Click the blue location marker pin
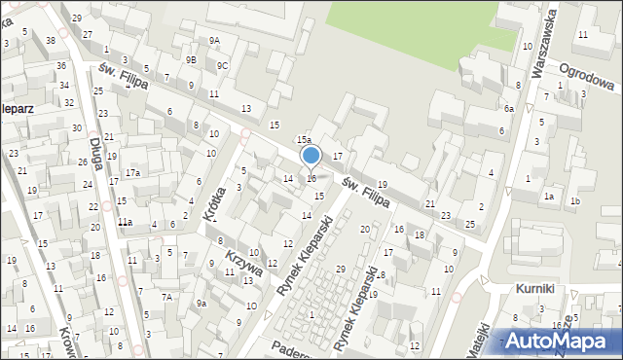(311, 156)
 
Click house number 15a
(304, 141)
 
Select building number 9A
(214, 41)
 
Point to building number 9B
(192, 60)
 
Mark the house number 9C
(223, 66)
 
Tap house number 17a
(132, 173)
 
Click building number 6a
(508, 109)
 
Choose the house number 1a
(549, 197)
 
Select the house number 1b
(575, 201)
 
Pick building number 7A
(167, 296)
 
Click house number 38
(50, 40)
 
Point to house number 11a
(125, 223)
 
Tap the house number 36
(61, 65)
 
